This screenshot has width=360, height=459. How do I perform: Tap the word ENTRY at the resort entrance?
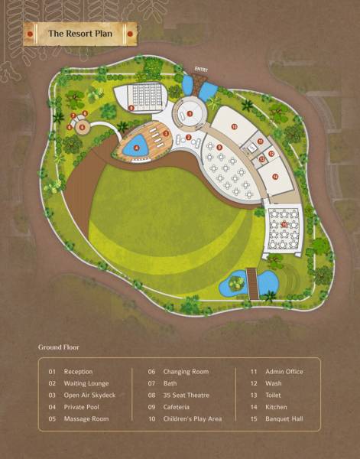tap(201, 69)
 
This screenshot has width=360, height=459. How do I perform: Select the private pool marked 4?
tap(137, 148)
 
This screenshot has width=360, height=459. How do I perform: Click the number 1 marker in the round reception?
tap(190, 113)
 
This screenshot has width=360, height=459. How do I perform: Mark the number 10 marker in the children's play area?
tap(234, 125)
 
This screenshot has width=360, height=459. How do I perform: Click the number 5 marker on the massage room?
tap(81, 128)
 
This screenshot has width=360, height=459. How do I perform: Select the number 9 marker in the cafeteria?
tap(219, 147)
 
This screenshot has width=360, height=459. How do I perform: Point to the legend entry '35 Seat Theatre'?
tap(186, 396)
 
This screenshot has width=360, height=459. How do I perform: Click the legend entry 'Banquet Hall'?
tap(284, 419)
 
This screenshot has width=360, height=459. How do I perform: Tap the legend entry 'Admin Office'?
tap(284, 372)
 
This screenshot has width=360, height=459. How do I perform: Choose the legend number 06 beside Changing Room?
tap(152, 372)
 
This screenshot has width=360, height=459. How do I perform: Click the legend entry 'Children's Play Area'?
tap(193, 419)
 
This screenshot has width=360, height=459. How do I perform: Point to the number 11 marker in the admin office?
tap(261, 142)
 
